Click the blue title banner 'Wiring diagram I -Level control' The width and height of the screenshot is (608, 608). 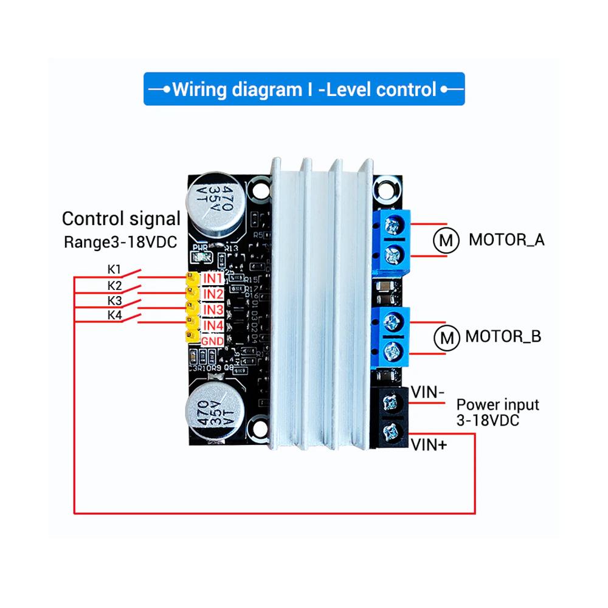(x=304, y=89)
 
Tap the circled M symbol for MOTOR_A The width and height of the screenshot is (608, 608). (x=446, y=241)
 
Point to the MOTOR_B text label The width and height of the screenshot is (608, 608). (x=503, y=336)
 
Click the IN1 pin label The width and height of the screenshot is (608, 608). (x=213, y=278)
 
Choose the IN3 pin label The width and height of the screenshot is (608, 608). (x=213, y=310)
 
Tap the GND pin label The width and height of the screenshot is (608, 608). (x=213, y=341)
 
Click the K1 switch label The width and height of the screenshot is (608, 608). (x=114, y=269)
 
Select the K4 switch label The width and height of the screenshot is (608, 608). (x=114, y=315)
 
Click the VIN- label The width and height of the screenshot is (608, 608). (x=428, y=392)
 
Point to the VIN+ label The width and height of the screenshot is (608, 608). (x=429, y=446)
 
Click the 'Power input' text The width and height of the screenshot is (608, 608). (x=497, y=404)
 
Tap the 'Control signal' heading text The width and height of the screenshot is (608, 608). (x=122, y=219)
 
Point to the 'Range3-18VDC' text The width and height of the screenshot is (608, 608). (x=120, y=242)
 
